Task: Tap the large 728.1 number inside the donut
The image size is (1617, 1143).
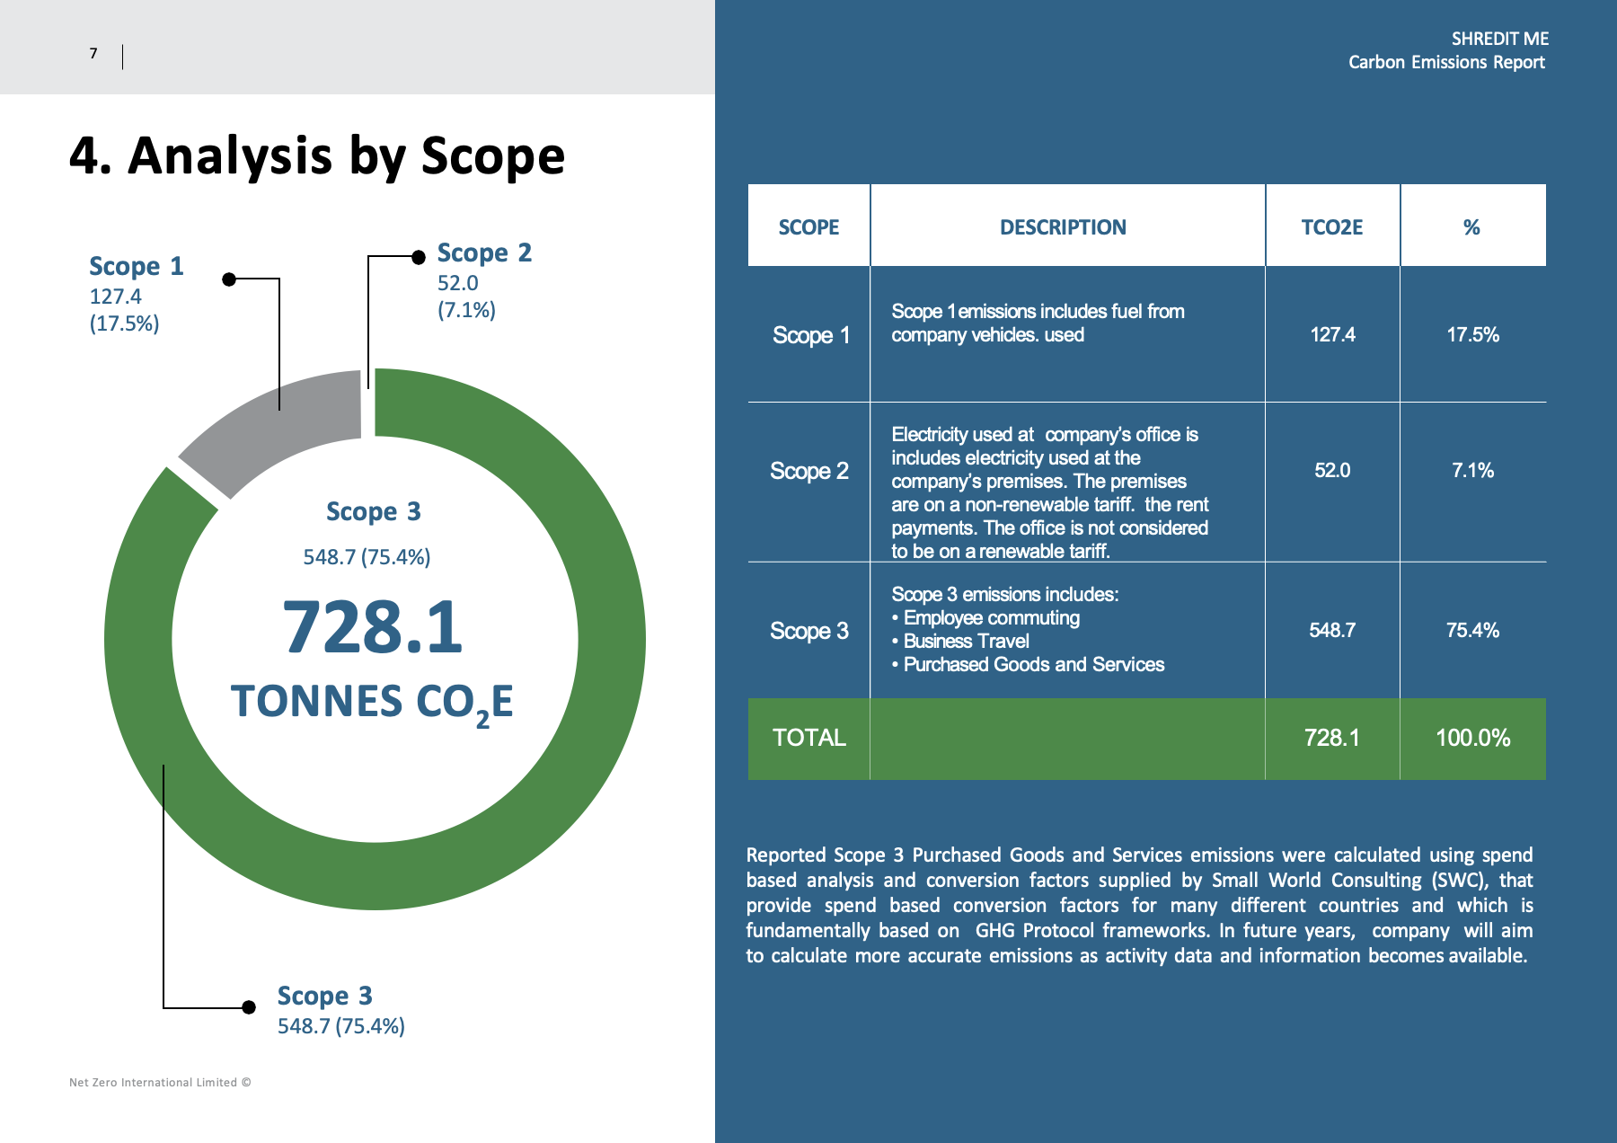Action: [373, 627]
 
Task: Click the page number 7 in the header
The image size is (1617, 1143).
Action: [93, 54]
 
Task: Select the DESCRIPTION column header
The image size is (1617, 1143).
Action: [1063, 227]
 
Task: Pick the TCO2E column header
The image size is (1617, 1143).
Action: [1332, 227]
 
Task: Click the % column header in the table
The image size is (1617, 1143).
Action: [1471, 227]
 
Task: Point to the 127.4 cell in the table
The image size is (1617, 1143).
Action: [1332, 335]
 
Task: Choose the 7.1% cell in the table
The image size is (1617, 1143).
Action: [1472, 471]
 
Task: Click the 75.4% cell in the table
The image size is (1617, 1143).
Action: [1472, 631]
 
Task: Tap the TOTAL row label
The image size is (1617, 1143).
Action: [809, 738]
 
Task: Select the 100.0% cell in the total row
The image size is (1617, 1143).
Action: [1472, 738]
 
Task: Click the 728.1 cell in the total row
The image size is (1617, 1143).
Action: [1332, 738]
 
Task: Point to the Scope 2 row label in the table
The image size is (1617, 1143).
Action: [809, 471]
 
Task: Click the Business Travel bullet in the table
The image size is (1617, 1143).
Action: [960, 642]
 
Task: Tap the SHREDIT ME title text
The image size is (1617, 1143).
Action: [1500, 39]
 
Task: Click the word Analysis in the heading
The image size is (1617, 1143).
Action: [231, 156]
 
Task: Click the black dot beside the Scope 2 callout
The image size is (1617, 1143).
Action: [419, 257]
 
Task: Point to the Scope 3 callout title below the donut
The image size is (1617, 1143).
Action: [324, 996]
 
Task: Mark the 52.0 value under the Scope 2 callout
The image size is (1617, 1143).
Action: [458, 283]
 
